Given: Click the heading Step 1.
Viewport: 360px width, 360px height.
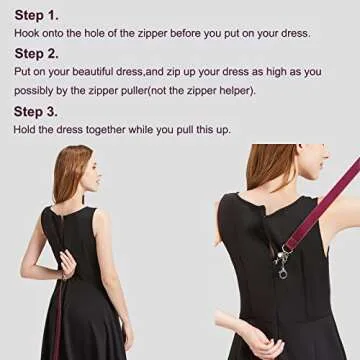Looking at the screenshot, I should (x=37, y=15).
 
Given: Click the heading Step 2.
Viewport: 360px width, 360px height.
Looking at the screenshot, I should (x=37, y=53).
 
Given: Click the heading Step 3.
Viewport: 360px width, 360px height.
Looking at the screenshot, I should (x=37, y=110).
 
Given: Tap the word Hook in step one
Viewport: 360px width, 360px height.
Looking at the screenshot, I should (x=27, y=33).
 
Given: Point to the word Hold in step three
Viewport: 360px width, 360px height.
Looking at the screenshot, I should (x=26, y=129).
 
